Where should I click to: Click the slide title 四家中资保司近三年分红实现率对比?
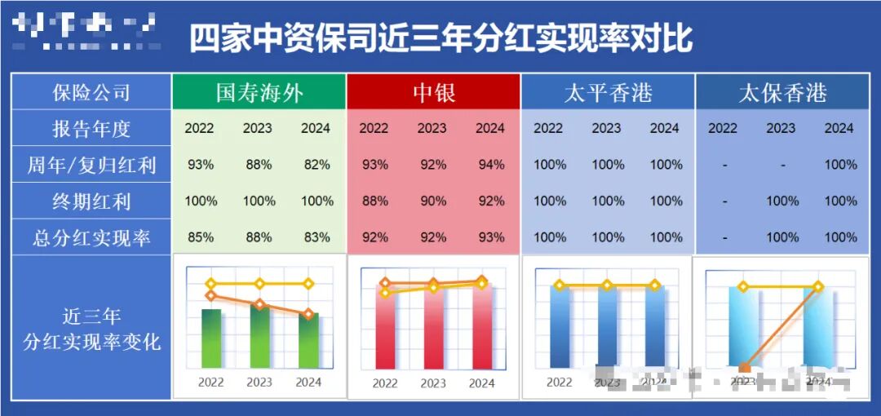[440, 38]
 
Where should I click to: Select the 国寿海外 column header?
[259, 92]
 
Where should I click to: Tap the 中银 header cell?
[432, 92]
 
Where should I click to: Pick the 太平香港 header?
[608, 92]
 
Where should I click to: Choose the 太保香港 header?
[781, 92]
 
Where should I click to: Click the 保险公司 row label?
[91, 92]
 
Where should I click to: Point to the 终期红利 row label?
[91, 201]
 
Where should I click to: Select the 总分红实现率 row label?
[91, 238]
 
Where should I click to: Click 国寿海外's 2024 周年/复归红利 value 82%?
[317, 165]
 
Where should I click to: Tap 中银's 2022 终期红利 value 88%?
[374, 201]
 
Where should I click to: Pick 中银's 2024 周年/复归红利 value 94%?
[490, 165]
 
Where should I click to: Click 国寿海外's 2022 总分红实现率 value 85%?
[201, 238]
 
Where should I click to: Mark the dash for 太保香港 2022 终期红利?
[724, 201]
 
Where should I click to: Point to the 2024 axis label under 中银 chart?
[481, 383]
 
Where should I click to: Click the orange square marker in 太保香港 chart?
[744, 369]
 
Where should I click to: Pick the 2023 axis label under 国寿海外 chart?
[259, 382]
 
